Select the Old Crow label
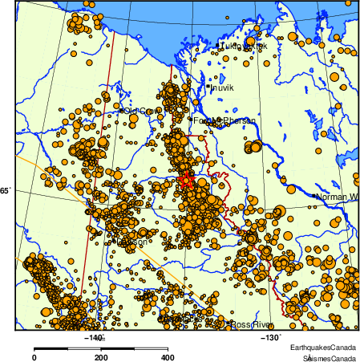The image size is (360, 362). [140, 112]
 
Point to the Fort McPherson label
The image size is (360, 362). [224, 120]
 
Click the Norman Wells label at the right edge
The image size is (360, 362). [337, 197]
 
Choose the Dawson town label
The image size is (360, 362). [131, 242]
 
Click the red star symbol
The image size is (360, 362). [186, 180]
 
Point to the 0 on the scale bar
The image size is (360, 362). [34, 357]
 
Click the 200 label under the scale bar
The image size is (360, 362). [100, 357]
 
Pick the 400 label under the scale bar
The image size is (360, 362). [166, 357]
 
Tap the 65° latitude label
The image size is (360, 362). [5, 191]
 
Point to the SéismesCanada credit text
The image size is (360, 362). [323, 356]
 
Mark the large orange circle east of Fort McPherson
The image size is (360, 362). [256, 147]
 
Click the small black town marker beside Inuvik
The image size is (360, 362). [208, 87]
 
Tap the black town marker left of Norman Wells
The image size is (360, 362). [313, 195]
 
